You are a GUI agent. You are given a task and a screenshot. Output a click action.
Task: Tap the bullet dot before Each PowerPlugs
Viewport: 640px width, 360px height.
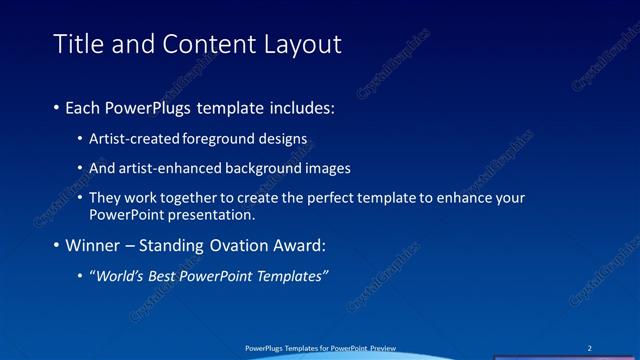click(x=56, y=107)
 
